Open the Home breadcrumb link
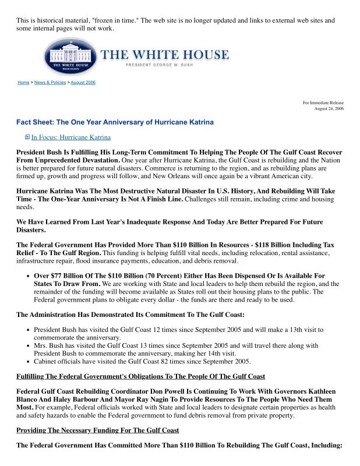[23, 83]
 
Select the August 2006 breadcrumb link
[83, 83]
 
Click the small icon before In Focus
[27, 137]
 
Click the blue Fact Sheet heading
[115, 122]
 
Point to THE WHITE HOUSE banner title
[165, 55]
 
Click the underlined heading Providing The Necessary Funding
[97, 430]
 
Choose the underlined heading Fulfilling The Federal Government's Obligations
[140, 376]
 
